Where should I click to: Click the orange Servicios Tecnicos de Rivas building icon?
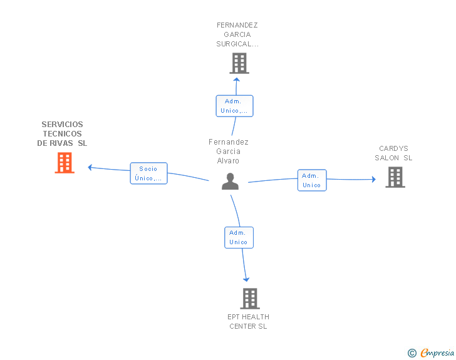tap(65, 163)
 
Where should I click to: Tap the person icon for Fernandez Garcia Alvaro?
tap(231, 182)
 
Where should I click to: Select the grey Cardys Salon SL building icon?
tap(395, 177)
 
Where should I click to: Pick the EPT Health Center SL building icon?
tap(249, 299)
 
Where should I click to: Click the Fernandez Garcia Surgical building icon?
tap(239, 63)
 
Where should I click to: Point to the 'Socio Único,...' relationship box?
tap(148, 173)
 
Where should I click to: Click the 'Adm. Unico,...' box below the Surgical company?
tap(234, 106)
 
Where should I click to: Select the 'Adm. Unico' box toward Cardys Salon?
tap(311, 180)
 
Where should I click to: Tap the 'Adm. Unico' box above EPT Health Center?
tap(239, 237)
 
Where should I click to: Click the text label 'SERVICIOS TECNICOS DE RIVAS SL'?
tap(62, 134)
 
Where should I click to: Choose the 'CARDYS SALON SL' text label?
tap(393, 153)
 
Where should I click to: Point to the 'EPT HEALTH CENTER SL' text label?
tap(248, 321)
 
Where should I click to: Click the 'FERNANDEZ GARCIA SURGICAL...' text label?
tap(237, 35)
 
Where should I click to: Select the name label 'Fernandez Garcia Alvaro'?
tap(229, 152)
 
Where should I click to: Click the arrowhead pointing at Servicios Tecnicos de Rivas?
tap(90, 167)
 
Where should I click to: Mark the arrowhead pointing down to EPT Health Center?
tap(246, 279)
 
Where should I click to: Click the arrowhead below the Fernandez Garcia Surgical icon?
tap(236, 79)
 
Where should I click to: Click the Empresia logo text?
tap(437, 352)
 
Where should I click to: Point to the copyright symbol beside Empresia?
tap(412, 353)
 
